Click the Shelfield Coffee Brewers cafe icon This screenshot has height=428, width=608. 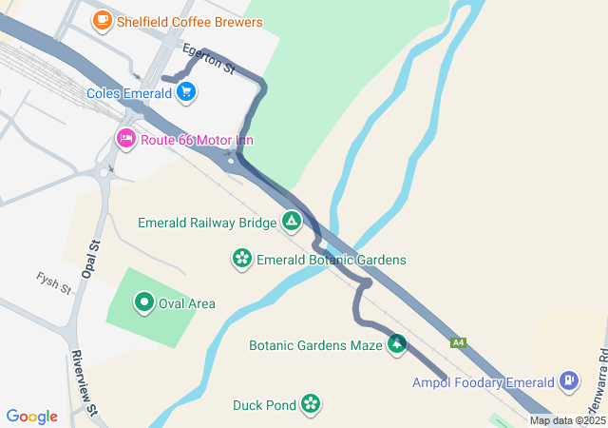point(102,20)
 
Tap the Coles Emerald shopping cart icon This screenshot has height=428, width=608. point(186,92)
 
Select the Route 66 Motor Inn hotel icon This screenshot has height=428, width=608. point(126,139)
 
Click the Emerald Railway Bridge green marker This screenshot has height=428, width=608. point(292,223)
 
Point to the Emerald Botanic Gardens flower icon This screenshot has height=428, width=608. point(242,259)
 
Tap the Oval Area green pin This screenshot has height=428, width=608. point(144,303)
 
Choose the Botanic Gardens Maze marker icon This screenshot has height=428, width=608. point(396,344)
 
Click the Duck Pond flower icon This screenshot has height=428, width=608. point(311,404)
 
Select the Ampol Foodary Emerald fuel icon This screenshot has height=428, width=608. point(569,381)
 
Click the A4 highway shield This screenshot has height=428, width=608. point(459,342)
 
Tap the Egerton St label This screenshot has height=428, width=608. point(208,59)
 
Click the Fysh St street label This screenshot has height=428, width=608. point(54,282)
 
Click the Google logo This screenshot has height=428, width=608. point(32,417)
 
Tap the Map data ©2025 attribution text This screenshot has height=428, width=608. point(567,420)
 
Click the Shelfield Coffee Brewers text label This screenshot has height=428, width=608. point(190,21)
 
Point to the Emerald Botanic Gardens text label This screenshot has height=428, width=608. point(332,260)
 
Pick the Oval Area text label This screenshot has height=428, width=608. point(187,304)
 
